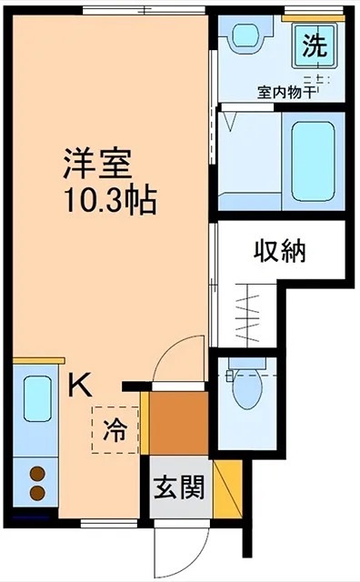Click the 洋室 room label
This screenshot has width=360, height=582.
click(x=98, y=164)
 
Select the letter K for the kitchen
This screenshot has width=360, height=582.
click(x=80, y=385)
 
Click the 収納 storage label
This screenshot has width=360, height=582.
click(x=278, y=250)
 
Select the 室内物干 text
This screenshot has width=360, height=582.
click(x=286, y=91)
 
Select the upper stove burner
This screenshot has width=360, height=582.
click(x=38, y=474)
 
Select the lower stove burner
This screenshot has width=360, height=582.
click(x=38, y=493)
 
